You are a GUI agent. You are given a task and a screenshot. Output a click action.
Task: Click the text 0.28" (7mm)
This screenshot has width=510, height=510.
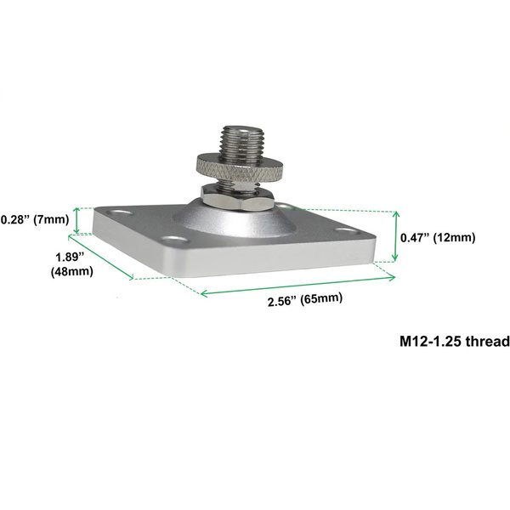pos(34,219)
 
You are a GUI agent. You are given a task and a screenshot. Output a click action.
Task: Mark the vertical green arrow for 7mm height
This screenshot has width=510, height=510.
pos(77,220)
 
